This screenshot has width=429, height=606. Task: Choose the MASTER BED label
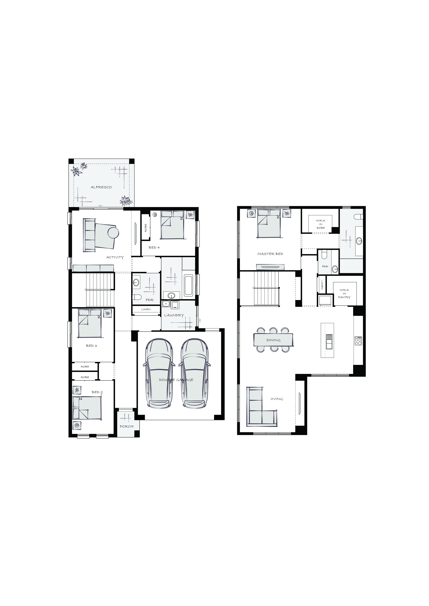click(270, 254)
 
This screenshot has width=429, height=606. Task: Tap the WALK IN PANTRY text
click(344, 294)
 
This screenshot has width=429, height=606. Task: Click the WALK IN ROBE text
click(321, 224)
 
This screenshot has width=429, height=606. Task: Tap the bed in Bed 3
click(89, 324)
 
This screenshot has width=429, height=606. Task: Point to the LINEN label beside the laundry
click(146, 309)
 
